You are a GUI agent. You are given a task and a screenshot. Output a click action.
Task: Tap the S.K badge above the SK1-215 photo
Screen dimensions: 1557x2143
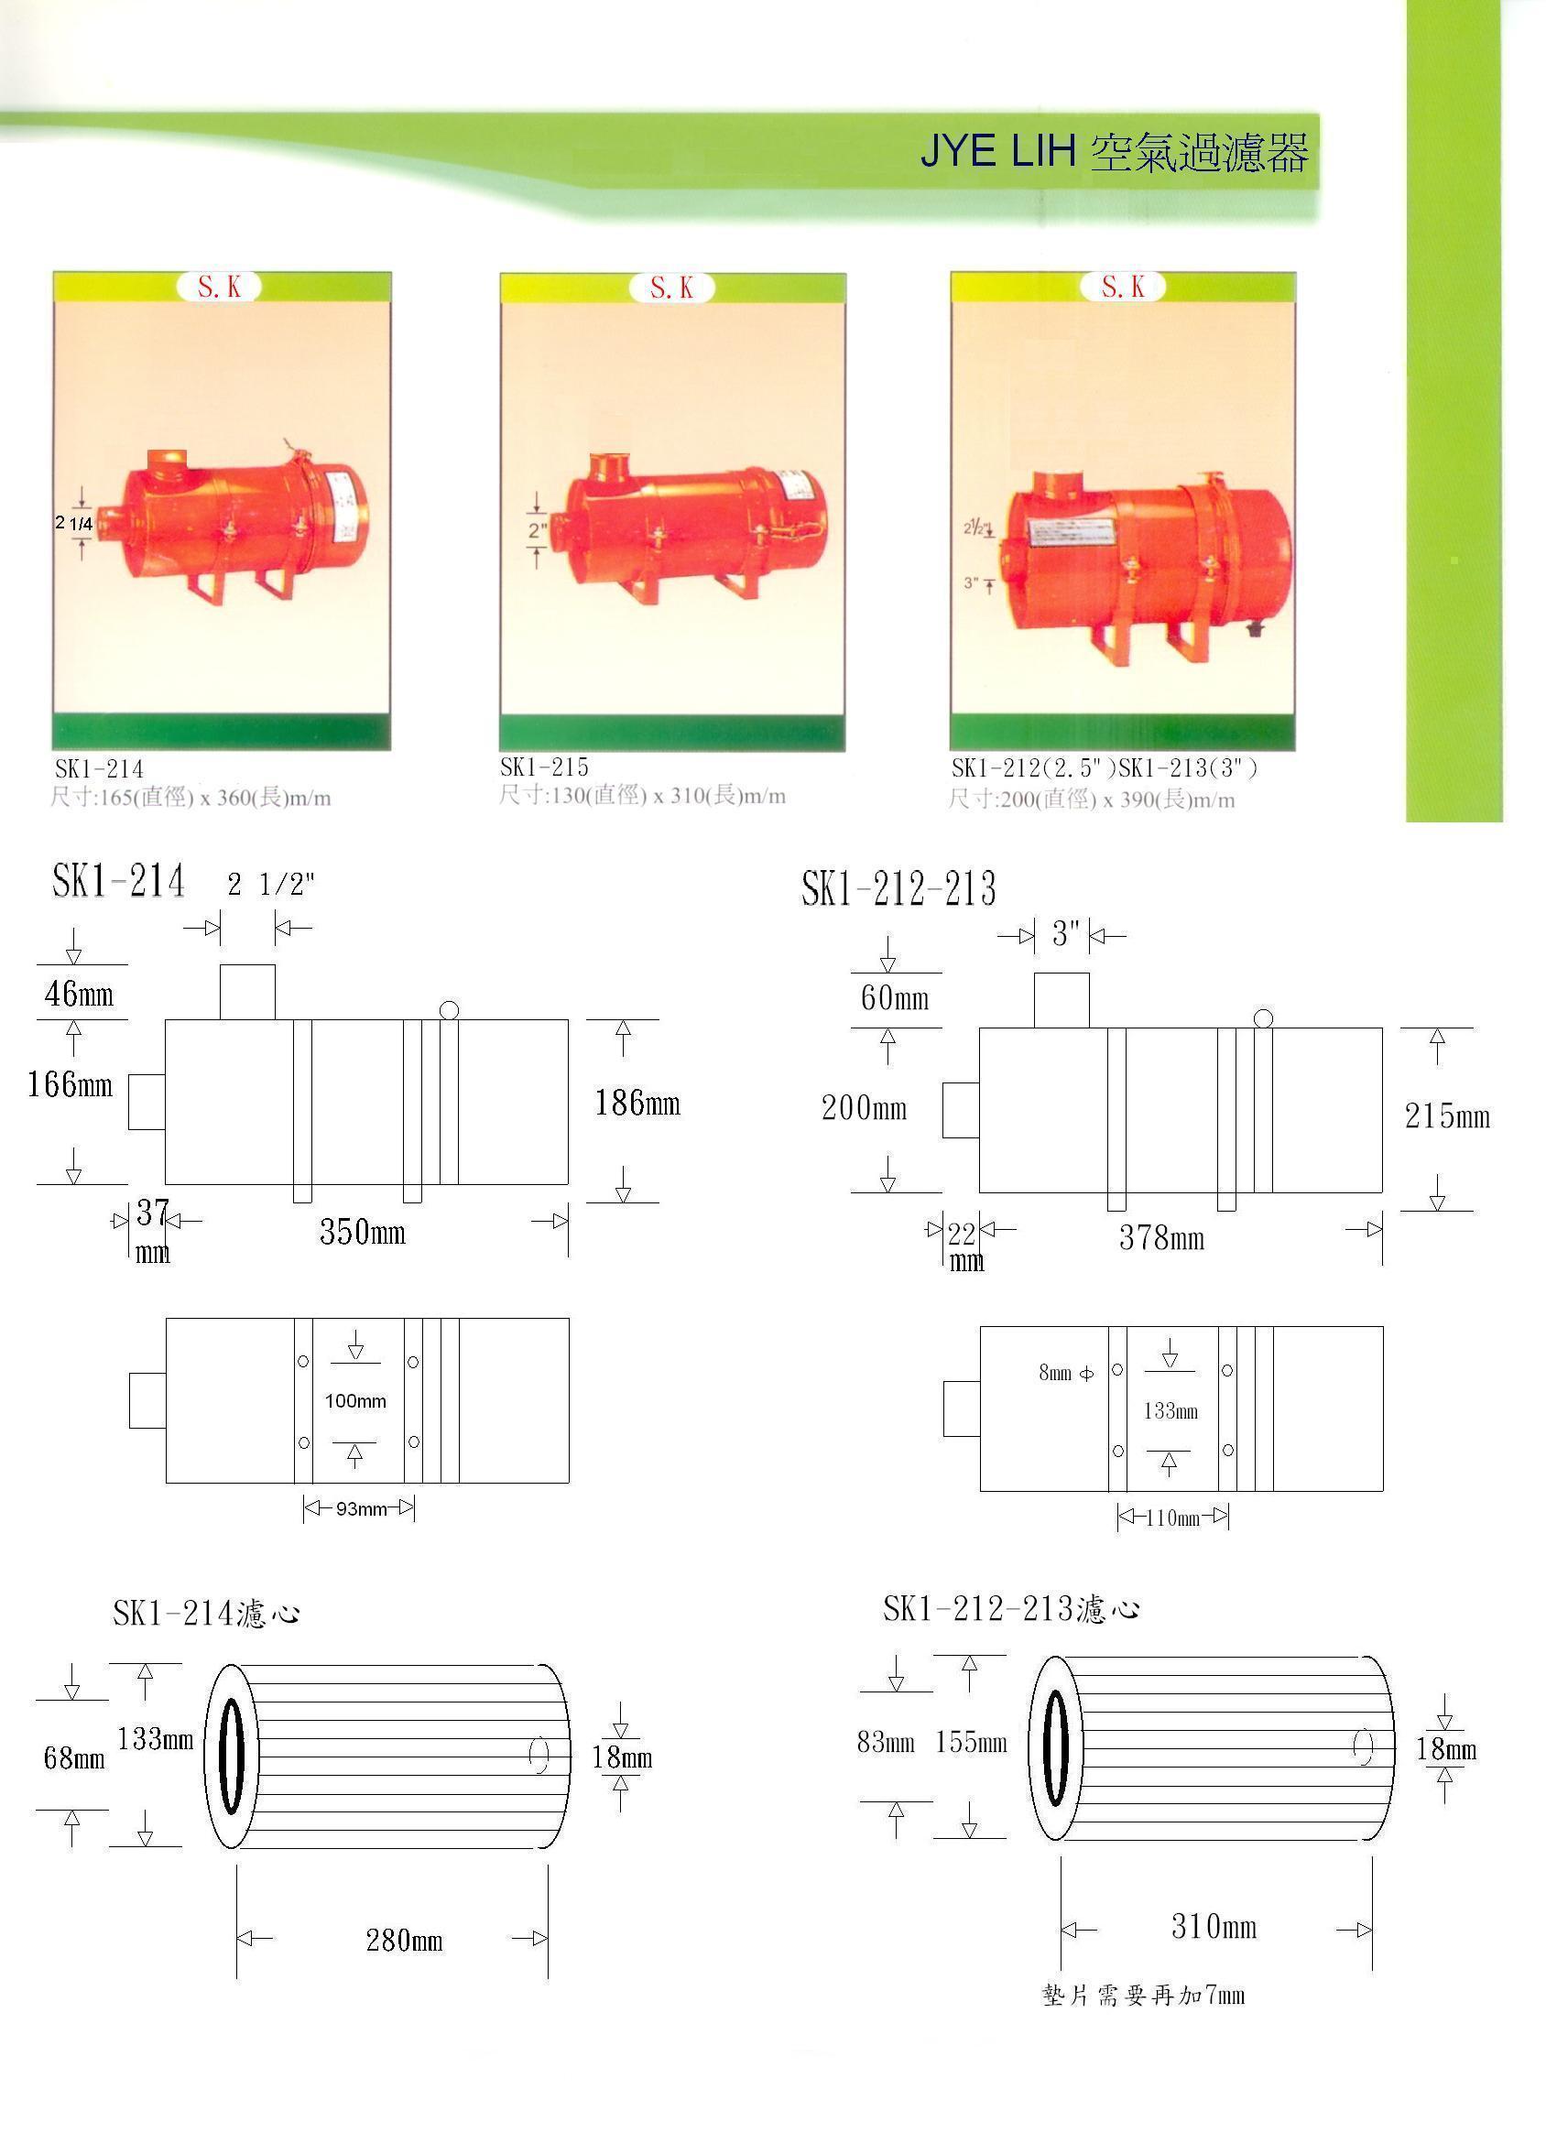pyautogui.click(x=671, y=288)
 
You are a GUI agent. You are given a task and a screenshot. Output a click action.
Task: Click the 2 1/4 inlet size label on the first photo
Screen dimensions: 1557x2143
pyautogui.click(x=73, y=523)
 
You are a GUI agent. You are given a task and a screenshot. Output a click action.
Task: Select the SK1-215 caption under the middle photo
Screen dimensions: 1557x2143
pyautogui.click(x=544, y=767)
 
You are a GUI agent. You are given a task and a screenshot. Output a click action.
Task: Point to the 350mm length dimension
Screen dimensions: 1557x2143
pyautogui.click(x=363, y=1232)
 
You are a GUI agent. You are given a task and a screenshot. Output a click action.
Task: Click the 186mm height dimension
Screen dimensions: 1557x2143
pyautogui.click(x=637, y=1103)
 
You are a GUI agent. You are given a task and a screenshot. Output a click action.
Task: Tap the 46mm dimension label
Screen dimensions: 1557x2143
pyautogui.click(x=80, y=994)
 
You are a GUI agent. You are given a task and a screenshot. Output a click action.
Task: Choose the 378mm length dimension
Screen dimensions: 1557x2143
pyautogui.click(x=1162, y=1238)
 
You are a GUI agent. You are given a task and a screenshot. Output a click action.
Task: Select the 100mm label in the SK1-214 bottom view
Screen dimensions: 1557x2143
pyautogui.click(x=355, y=1401)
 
